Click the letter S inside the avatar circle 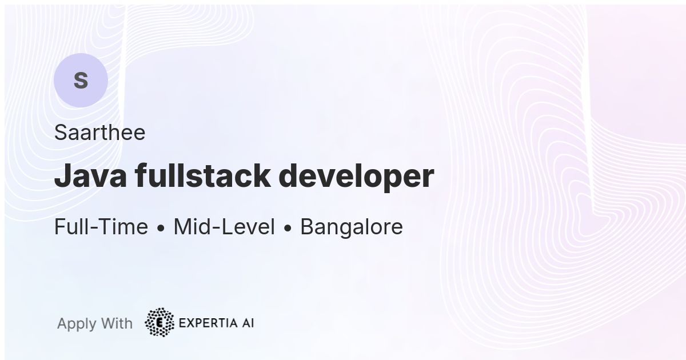81,80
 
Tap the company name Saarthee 100,132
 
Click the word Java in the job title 90,175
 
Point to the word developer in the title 356,177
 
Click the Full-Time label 101,226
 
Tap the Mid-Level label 224,226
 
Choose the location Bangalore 352,227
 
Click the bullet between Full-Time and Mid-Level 161,228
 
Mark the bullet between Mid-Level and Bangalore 288,228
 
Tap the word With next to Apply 117,323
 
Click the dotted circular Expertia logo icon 159,322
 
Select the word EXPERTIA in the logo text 208,323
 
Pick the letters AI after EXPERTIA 248,323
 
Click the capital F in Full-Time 60,226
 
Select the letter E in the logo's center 159,323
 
